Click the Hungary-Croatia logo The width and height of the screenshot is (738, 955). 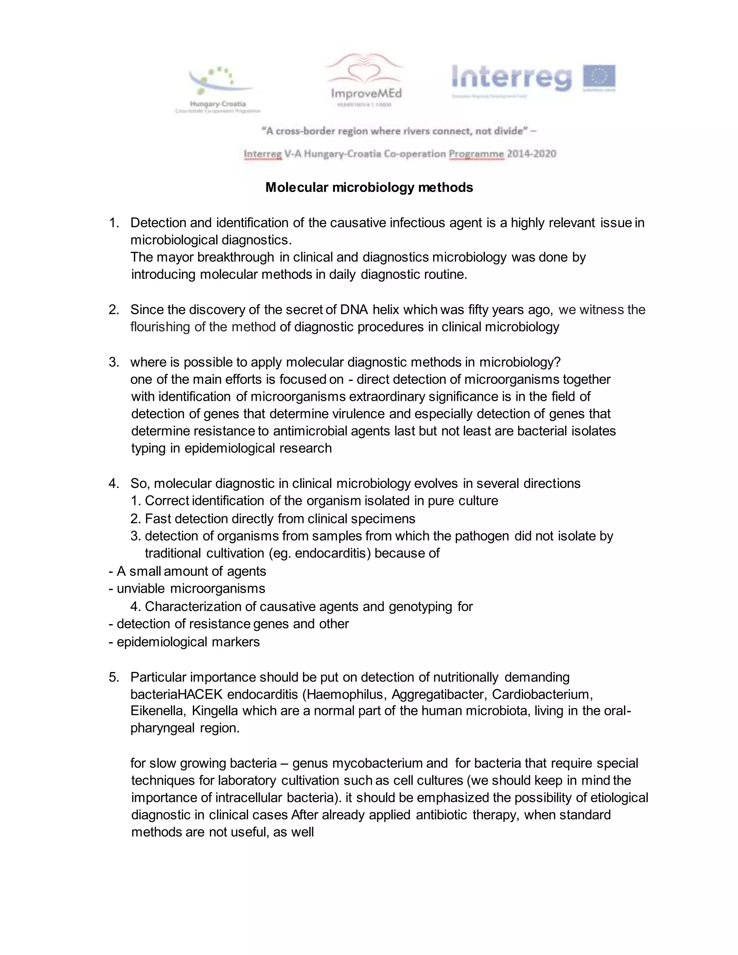[217, 90]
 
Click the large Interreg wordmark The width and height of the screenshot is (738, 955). [512, 79]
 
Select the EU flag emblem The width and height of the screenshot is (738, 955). [599, 77]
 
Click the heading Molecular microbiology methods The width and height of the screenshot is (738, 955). [369, 188]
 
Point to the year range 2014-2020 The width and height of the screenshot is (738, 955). [531, 154]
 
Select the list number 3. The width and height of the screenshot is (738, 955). [113, 362]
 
